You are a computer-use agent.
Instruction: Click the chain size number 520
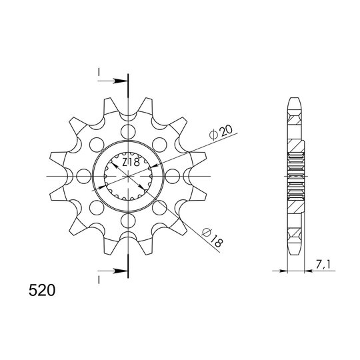pos(42,290)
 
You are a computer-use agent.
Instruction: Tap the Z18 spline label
pos(131,163)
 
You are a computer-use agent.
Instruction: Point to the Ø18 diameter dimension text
pos(212,238)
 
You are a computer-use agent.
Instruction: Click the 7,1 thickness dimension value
pos(323,265)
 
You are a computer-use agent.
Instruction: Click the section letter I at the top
pos(99,73)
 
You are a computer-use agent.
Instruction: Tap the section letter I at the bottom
pos(99,279)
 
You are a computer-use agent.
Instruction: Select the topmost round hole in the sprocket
pos(128,132)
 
